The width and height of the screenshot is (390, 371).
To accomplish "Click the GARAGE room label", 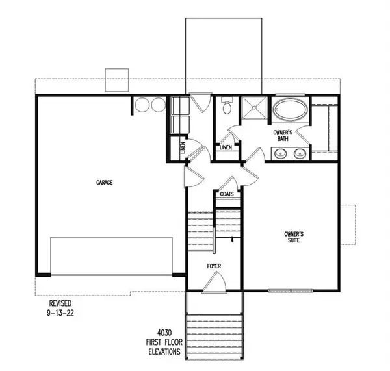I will click(105, 183).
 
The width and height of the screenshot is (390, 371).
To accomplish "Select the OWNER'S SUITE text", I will click(294, 236).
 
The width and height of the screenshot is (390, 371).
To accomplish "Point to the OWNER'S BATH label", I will click(285, 134).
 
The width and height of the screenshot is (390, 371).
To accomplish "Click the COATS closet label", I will click(227, 194).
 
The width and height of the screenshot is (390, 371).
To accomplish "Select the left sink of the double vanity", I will click(281, 153).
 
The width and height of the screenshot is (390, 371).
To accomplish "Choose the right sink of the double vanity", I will click(300, 153).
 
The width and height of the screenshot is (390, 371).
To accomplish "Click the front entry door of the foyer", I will click(214, 282).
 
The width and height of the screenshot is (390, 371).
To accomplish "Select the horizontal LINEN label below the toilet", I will click(226, 147).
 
